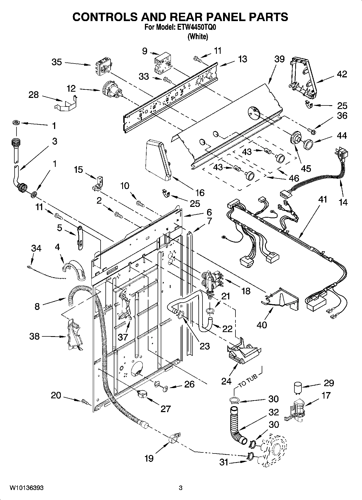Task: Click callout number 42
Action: coord(342,74)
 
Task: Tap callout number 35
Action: coord(57,62)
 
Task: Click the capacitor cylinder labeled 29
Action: coord(298,387)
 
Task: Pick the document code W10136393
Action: coord(27,488)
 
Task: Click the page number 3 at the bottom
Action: coord(181,488)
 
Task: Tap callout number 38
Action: coord(35,336)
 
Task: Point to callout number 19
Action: coord(149,458)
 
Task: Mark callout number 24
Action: coord(226,381)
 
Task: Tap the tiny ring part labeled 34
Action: coord(29,267)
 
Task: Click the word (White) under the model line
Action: coord(198,37)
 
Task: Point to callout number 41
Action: coord(323,199)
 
